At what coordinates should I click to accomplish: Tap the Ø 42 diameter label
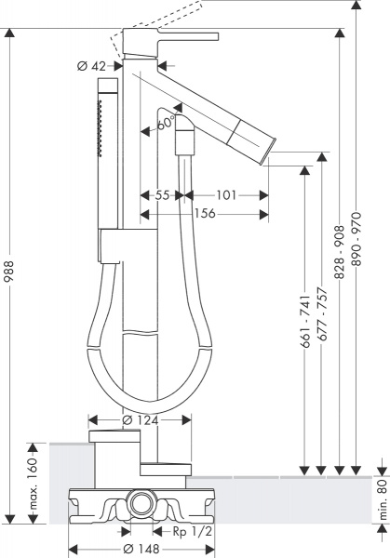coord(92,65)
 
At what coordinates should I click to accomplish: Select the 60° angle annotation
coord(166,124)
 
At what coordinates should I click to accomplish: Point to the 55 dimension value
coord(162,195)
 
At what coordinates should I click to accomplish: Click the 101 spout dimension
coord(224,195)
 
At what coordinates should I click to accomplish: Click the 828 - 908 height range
coord(340,251)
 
